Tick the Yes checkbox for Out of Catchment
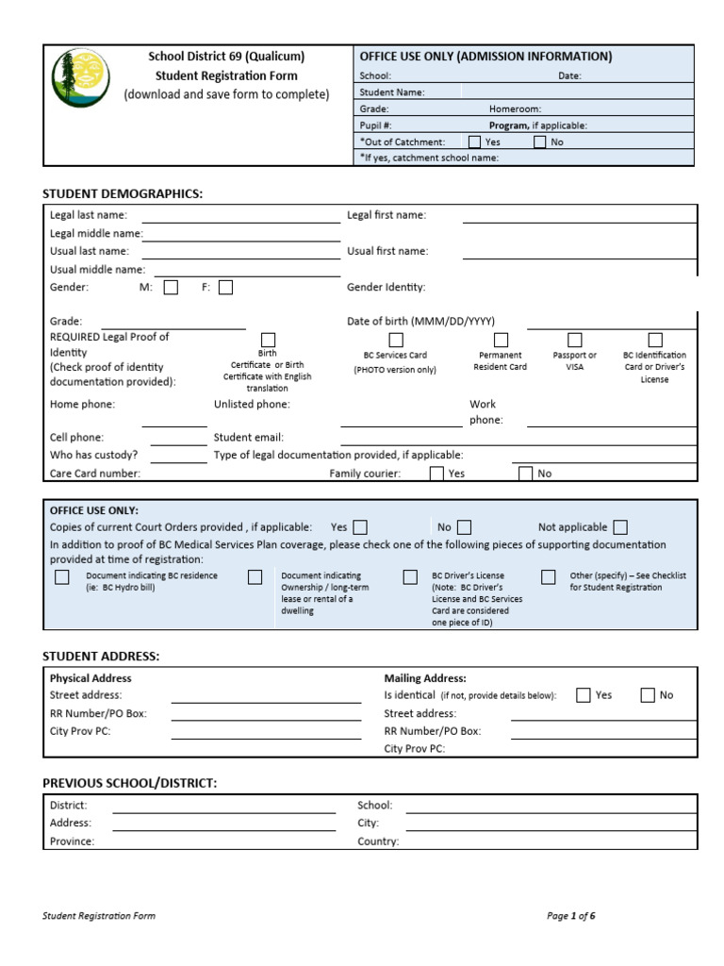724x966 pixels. coord(474,142)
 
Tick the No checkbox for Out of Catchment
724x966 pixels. coord(539,142)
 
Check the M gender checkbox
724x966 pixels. coord(171,288)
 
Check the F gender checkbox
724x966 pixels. coord(225,288)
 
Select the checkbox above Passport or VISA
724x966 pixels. coord(574,340)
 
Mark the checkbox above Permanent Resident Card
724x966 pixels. coord(501,340)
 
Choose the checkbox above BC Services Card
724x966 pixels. coord(396,340)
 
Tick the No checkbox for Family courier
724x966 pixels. coord(525,474)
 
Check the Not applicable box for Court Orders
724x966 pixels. coord(619,527)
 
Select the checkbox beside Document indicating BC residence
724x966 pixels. coord(62,577)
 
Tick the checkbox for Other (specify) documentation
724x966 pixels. coord(548,577)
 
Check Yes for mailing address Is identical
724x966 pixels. coord(583,695)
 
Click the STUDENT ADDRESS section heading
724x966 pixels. coord(101,656)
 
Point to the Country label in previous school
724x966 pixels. coord(378,841)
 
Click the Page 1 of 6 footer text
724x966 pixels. coord(570,916)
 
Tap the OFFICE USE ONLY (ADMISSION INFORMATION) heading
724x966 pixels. coord(485,57)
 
